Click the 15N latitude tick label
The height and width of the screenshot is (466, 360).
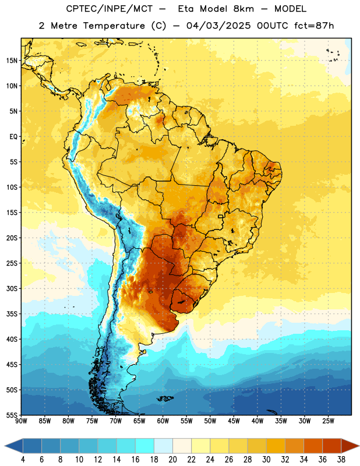click(12, 61)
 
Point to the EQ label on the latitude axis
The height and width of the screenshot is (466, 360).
click(13, 137)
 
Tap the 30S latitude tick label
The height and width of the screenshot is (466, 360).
click(12, 288)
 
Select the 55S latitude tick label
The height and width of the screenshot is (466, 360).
click(12, 415)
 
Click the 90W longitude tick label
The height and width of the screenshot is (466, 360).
click(21, 421)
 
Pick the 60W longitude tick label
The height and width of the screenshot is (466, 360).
click(163, 421)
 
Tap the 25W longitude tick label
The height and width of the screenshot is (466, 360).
click(328, 421)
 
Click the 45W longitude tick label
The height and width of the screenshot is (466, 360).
click(234, 421)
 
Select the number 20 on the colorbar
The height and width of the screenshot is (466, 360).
click(172, 460)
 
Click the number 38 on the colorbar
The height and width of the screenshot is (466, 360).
click(341, 460)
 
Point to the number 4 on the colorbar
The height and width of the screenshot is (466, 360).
click(23, 460)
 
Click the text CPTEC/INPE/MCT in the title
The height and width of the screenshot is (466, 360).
click(109, 9)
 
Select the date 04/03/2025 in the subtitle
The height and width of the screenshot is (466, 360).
click(218, 26)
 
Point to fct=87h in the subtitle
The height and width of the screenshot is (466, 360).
click(314, 26)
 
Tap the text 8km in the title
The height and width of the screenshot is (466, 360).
click(243, 9)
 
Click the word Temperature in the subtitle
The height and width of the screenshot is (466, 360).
click(114, 26)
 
